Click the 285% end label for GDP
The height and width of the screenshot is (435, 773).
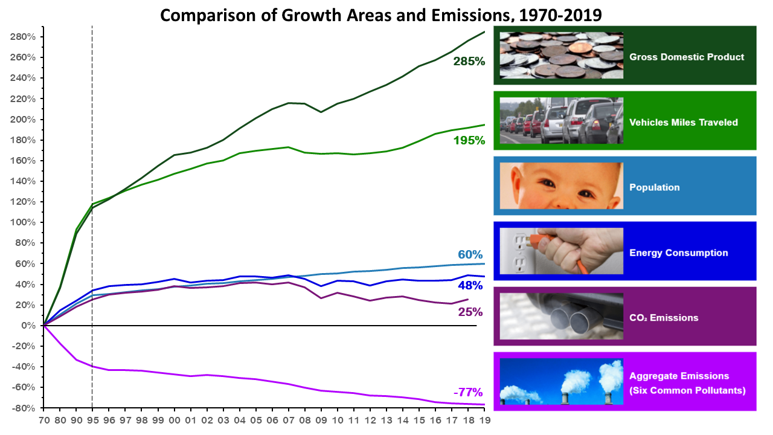pos(469,61)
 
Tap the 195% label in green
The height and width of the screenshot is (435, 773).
pos(469,140)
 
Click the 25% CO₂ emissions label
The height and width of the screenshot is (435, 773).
pos(470,312)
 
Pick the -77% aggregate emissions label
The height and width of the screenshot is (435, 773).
pos(469,392)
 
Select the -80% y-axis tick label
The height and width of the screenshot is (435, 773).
pos(25,408)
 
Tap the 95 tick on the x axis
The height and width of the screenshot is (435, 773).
pos(92,419)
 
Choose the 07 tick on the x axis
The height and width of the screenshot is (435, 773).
pos(290,419)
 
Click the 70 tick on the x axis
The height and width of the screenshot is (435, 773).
pos(43,419)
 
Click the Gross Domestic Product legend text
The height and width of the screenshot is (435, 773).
pos(687,57)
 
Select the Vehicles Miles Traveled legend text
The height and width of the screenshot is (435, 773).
pos(684,122)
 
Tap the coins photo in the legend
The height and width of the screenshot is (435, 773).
pos(561,56)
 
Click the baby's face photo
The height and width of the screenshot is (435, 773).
pos(561,186)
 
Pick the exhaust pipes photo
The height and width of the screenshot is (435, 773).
pos(561,316)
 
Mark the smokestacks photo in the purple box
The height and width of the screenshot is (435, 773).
pos(561,382)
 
